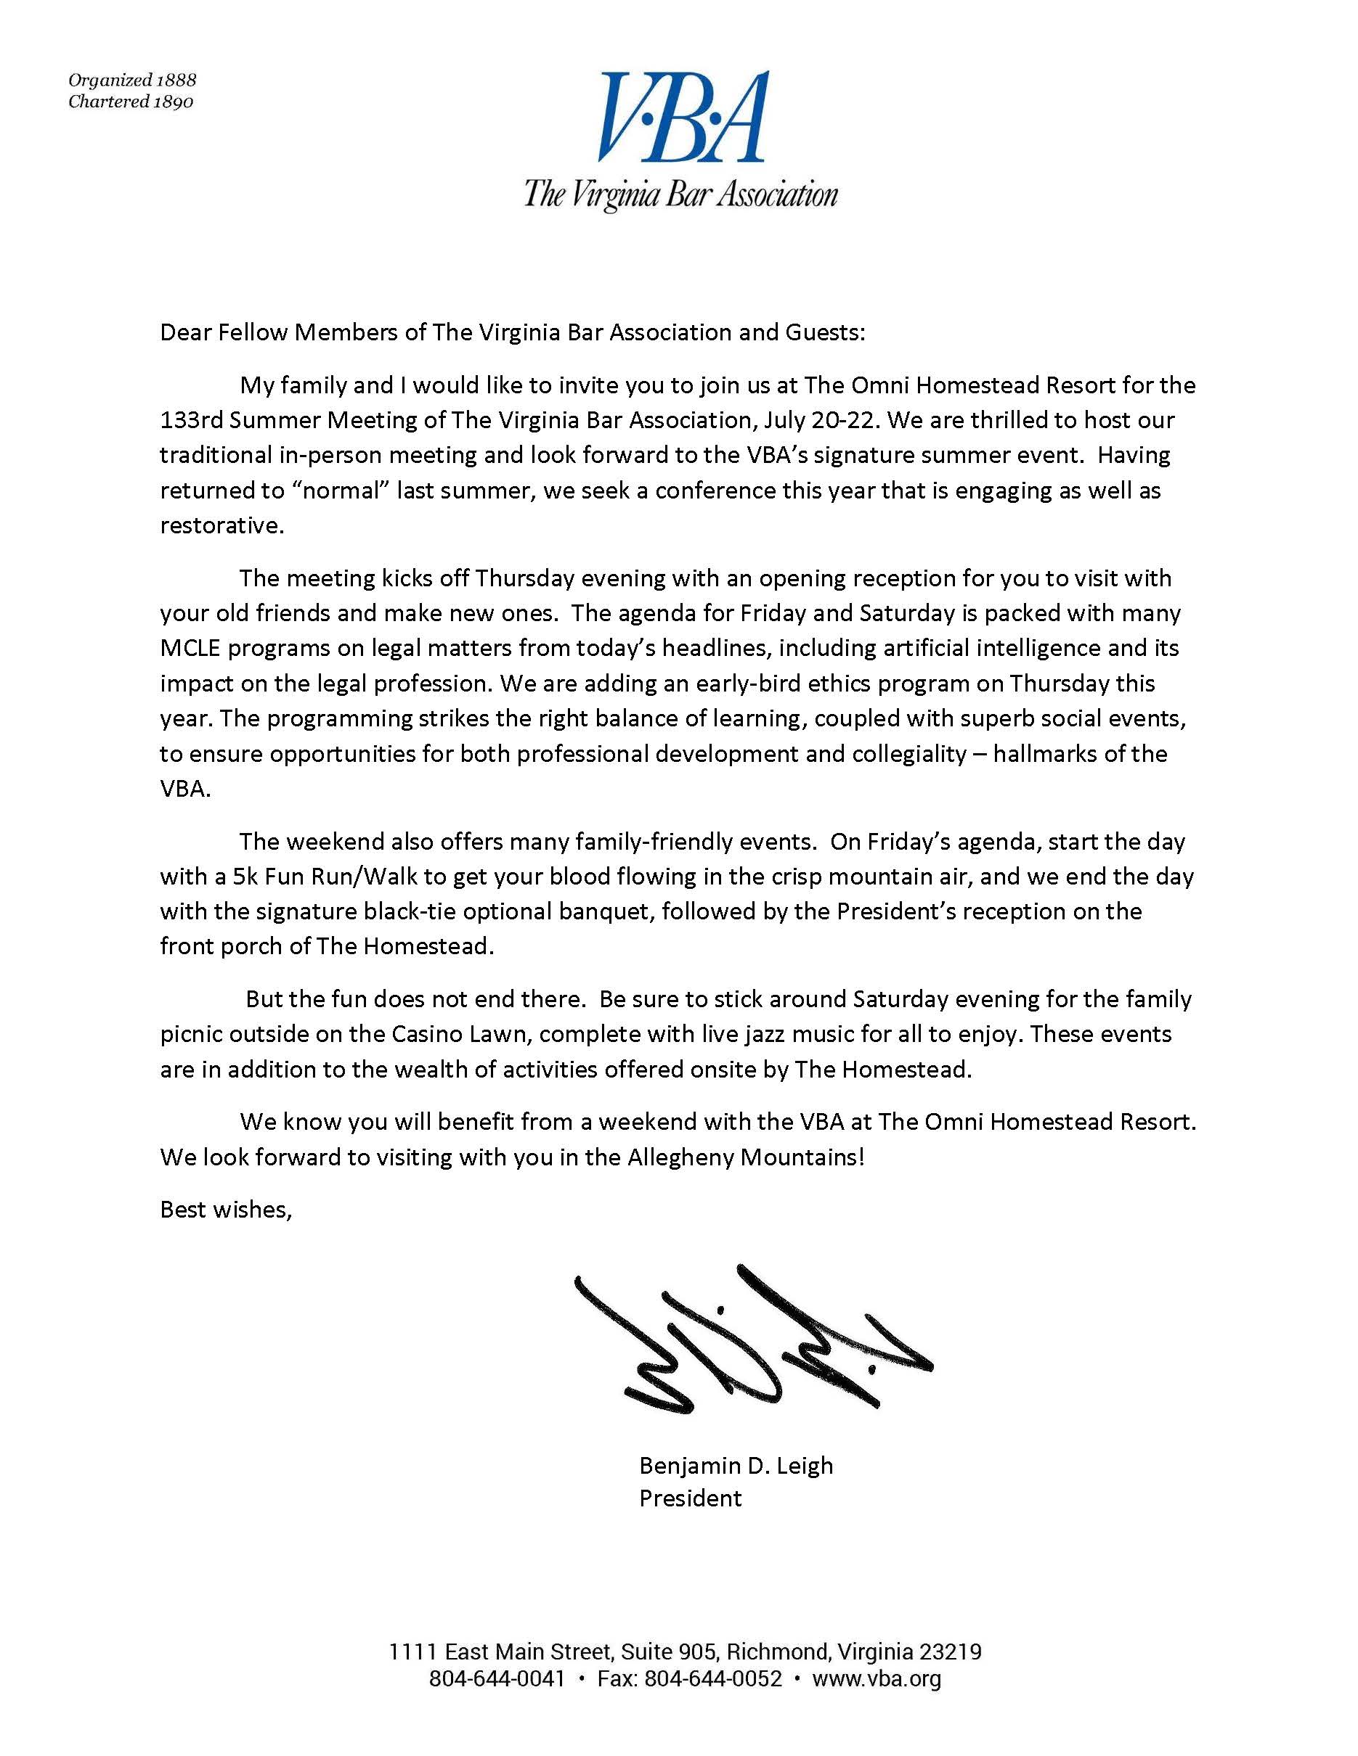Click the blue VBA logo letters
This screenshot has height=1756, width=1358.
[x=681, y=118]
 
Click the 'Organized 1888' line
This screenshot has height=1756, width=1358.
[x=132, y=80]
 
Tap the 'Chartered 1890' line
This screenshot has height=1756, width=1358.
[x=130, y=102]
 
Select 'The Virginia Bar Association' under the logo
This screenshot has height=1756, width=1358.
[x=680, y=194]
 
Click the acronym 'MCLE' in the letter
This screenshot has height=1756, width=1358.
[x=192, y=648]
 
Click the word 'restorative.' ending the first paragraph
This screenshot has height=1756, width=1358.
[x=222, y=526]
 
